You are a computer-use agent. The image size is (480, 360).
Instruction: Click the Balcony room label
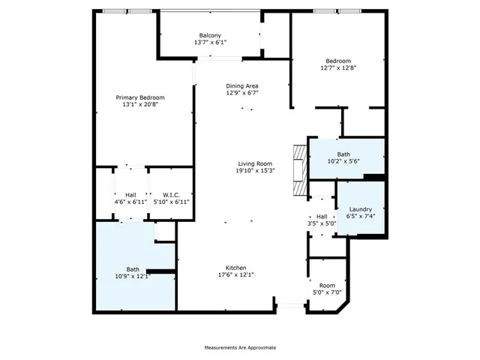[209, 35]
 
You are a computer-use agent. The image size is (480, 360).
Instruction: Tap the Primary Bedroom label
[140, 97]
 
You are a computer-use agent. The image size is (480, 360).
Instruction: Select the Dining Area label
[242, 86]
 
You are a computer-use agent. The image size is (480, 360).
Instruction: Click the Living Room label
[255, 163]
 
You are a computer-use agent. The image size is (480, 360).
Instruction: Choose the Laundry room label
[360, 209]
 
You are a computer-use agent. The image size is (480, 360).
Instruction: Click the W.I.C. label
[171, 195]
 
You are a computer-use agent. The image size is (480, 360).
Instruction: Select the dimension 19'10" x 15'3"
[255, 170]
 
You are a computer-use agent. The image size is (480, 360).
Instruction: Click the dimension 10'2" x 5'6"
[343, 161]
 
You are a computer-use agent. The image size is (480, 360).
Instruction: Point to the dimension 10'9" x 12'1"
[133, 276]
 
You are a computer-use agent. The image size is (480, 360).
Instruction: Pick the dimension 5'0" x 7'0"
[326, 292]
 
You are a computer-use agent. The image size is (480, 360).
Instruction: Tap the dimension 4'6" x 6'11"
[130, 202]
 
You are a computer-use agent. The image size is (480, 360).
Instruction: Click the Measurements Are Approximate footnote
[240, 347]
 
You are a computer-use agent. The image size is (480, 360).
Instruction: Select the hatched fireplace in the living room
[300, 171]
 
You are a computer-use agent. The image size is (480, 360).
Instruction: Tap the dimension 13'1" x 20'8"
[140, 104]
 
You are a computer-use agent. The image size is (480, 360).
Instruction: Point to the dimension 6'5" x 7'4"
[360, 216]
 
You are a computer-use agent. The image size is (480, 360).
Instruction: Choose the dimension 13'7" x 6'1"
[209, 42]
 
